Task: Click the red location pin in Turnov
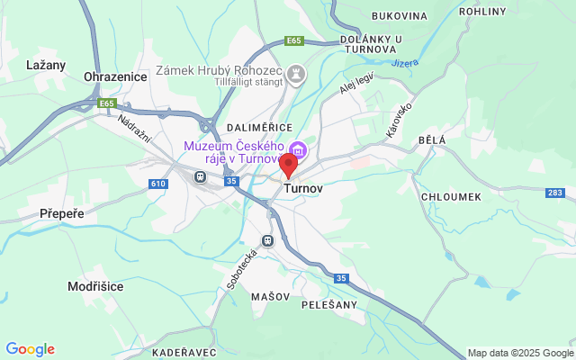tap(288, 166)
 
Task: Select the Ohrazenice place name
tap(114, 77)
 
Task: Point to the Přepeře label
tap(61, 214)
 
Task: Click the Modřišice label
tap(95, 286)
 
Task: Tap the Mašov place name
tap(271, 296)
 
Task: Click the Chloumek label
tap(450, 196)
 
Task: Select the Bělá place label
tap(432, 141)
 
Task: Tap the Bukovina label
tap(399, 16)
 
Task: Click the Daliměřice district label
tap(256, 130)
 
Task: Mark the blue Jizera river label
tap(405, 63)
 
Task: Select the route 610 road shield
tap(158, 184)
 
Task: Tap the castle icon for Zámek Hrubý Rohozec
tap(295, 72)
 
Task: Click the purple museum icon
tap(298, 148)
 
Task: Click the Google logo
tap(30, 349)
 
